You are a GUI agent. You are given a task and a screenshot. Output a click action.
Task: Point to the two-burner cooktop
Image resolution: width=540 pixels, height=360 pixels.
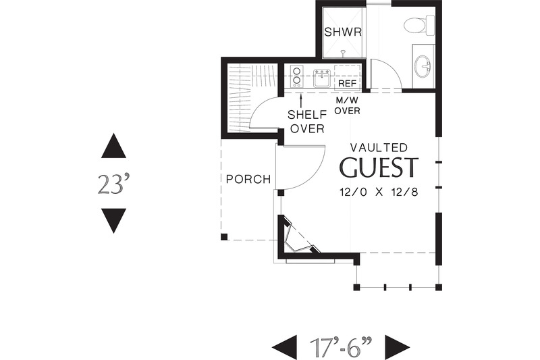click(x=296, y=76)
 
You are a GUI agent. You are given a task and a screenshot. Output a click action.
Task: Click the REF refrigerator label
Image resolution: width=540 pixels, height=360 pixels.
click(x=347, y=82)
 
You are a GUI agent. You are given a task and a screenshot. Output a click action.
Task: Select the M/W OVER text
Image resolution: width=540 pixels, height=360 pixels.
click(x=348, y=105)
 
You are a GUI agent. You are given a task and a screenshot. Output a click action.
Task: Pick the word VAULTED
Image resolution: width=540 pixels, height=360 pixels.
click(x=378, y=147)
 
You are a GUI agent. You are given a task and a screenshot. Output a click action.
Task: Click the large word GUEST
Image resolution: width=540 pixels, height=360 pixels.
click(x=379, y=168)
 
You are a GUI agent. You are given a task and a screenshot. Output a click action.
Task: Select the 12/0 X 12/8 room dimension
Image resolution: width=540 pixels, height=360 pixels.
click(x=379, y=192)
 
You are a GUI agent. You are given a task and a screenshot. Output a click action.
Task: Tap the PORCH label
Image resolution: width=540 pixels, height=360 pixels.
click(x=248, y=180)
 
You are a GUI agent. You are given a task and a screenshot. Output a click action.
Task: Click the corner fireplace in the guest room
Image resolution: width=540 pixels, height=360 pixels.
click(x=298, y=238)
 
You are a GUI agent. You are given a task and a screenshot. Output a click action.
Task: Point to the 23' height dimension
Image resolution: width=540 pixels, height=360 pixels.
click(x=113, y=184)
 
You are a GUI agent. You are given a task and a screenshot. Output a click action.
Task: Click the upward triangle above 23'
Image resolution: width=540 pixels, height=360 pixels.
click(x=113, y=147)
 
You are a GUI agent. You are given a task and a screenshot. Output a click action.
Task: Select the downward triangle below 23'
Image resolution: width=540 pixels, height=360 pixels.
click(x=113, y=220)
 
